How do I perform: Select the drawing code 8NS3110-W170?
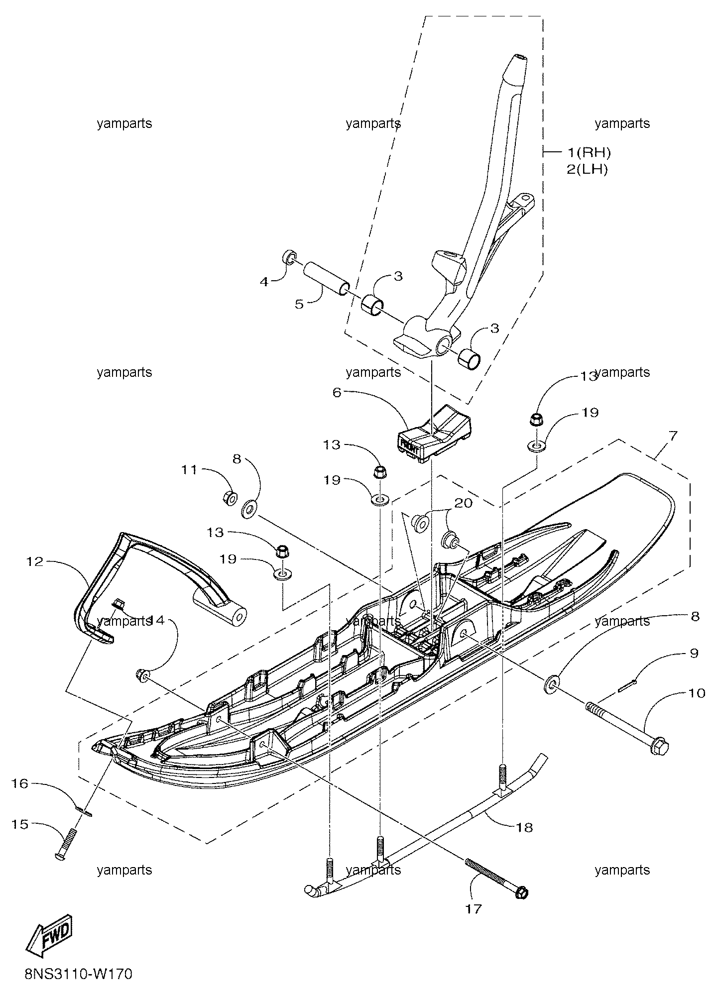click(x=79, y=973)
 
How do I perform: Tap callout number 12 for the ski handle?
click(x=35, y=562)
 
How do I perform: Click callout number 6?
click(x=337, y=393)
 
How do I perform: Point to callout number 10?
click(x=697, y=692)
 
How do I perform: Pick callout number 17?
click(x=474, y=908)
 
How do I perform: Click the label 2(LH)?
click(x=588, y=169)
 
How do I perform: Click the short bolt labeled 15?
click(x=67, y=843)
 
